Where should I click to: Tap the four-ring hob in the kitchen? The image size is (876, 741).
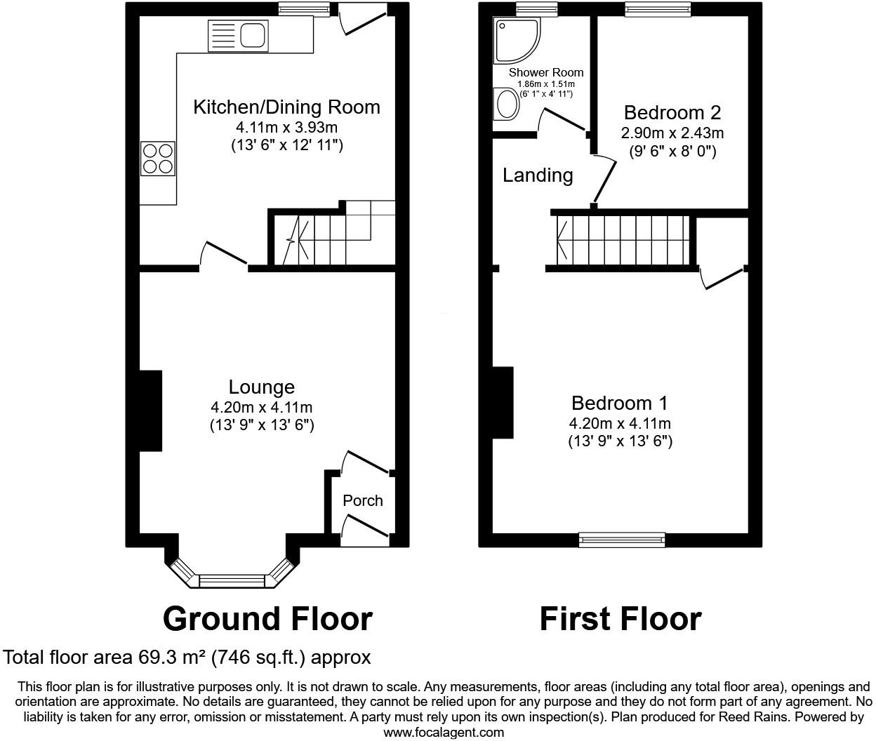point(157,159)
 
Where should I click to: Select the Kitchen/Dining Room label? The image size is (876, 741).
point(286,107)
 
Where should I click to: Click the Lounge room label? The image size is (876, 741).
point(261,387)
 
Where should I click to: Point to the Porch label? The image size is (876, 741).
point(363,500)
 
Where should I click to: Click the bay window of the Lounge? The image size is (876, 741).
point(232,580)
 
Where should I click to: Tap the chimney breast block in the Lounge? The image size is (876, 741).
point(150,410)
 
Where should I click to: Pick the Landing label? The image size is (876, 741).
point(538,175)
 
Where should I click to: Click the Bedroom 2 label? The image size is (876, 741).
point(672,112)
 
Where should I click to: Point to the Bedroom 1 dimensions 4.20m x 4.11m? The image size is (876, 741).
point(620,423)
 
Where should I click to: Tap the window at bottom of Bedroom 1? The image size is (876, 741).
point(622,540)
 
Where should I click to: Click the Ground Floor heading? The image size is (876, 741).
point(267,619)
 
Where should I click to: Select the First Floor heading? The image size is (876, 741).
point(620,619)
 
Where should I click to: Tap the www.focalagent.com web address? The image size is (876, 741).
point(443,732)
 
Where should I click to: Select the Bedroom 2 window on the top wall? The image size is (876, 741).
point(658,9)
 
